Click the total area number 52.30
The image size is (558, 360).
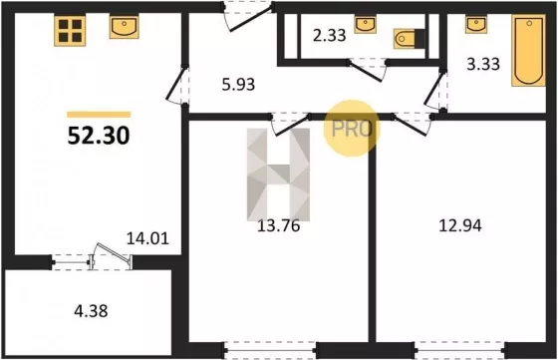pos(99,136)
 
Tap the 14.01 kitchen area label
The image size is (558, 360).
pos(147,238)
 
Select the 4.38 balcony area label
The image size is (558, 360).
pos(91,311)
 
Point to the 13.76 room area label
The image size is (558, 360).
pos(279,225)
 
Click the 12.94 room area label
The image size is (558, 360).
pos(460,225)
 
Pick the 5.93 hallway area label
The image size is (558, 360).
pos(238,85)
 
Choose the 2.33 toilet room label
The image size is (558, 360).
pos(330,36)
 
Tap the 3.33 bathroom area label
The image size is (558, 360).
pos(483,65)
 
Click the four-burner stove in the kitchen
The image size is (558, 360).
pos(70,31)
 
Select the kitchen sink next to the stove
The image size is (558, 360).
pos(124,27)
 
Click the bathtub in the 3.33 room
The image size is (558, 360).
pos(528,51)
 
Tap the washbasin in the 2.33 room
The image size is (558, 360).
pos(365,24)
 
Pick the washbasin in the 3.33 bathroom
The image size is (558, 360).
pos(476,24)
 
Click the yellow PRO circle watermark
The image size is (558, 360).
pos(352,129)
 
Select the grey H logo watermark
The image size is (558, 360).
pos(279,175)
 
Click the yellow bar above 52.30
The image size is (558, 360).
pos(99,115)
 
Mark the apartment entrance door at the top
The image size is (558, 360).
pos(248,15)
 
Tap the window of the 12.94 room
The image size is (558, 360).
pos(459,350)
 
